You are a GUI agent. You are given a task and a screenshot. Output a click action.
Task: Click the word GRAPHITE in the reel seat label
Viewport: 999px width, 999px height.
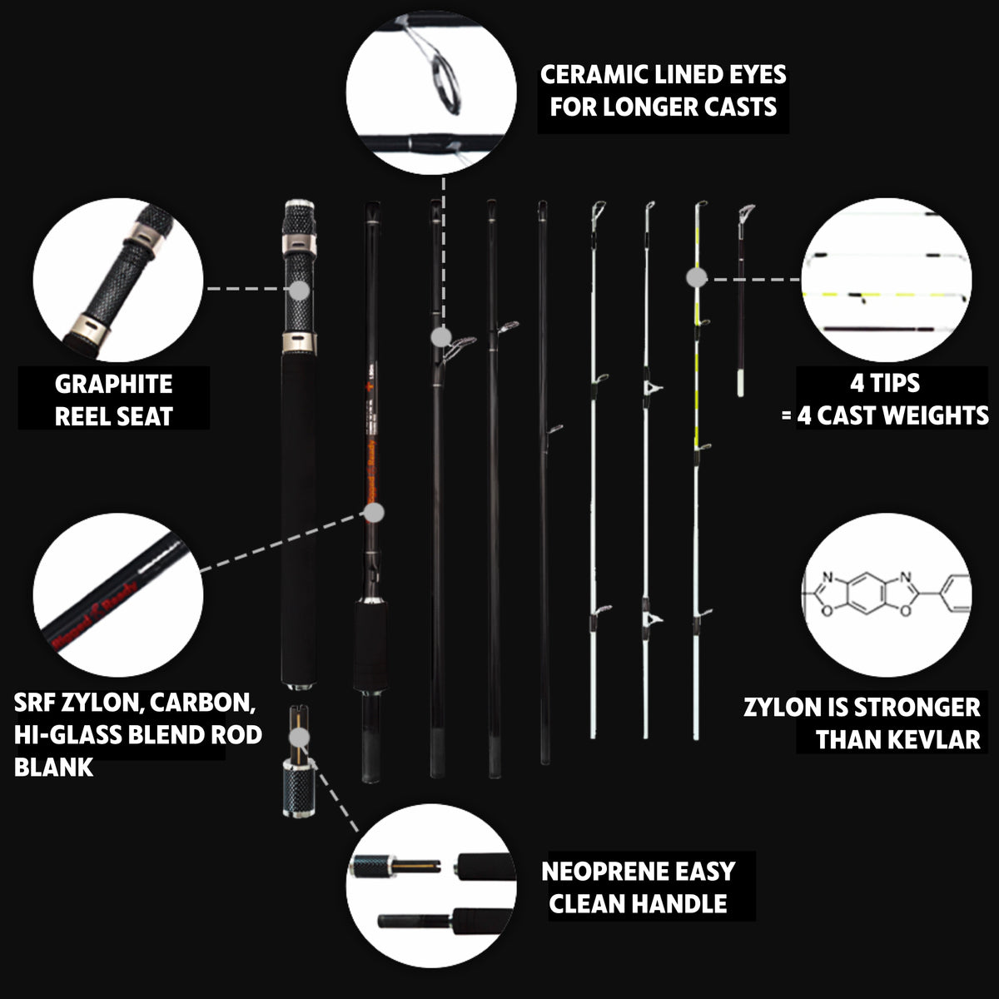(x=114, y=385)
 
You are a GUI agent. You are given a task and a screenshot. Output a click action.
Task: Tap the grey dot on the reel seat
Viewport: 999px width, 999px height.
(x=300, y=290)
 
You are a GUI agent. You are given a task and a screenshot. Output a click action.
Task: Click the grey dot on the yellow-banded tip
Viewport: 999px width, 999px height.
(x=698, y=278)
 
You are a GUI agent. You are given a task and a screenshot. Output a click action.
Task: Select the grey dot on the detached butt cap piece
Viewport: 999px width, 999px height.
(x=300, y=738)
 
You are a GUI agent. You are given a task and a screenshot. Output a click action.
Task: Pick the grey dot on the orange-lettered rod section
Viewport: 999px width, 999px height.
(x=375, y=514)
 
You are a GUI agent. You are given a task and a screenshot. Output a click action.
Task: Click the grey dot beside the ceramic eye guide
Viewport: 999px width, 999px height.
(x=441, y=337)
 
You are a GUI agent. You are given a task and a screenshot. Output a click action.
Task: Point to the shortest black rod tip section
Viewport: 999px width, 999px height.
(x=741, y=300)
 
